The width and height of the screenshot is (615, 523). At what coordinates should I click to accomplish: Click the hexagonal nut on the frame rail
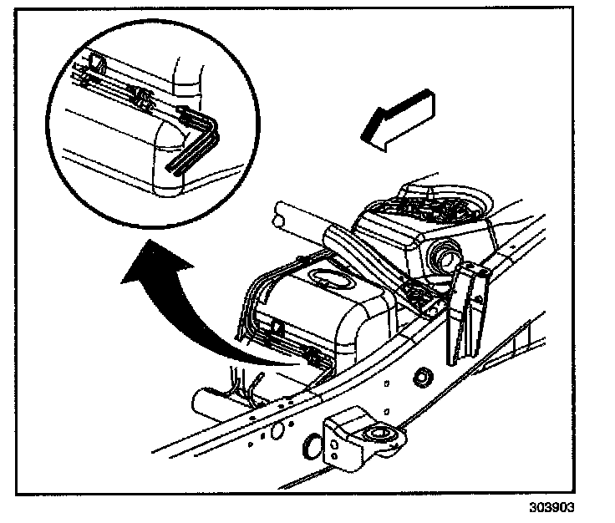[x=421, y=377]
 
